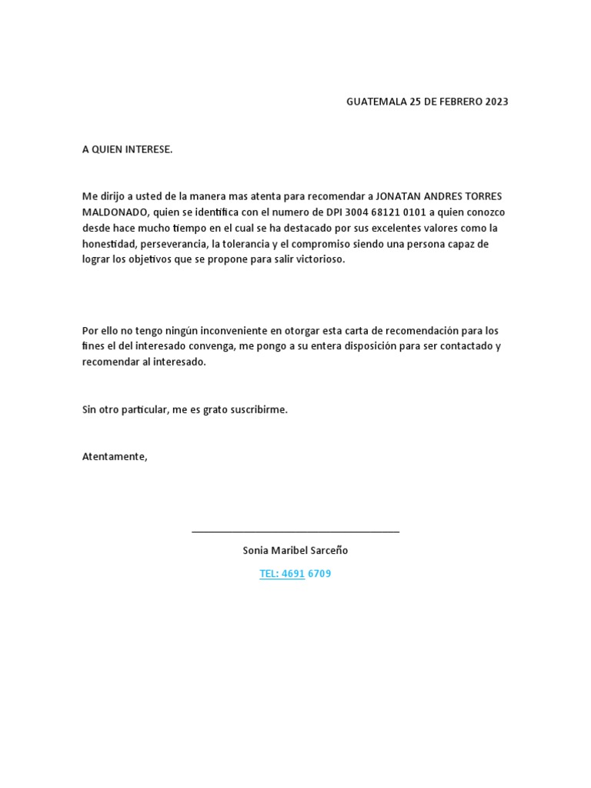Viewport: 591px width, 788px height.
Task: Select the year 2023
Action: point(496,102)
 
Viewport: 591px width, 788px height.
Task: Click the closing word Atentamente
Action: point(114,456)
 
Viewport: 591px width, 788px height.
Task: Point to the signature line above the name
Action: point(295,532)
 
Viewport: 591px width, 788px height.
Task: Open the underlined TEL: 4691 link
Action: point(282,573)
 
